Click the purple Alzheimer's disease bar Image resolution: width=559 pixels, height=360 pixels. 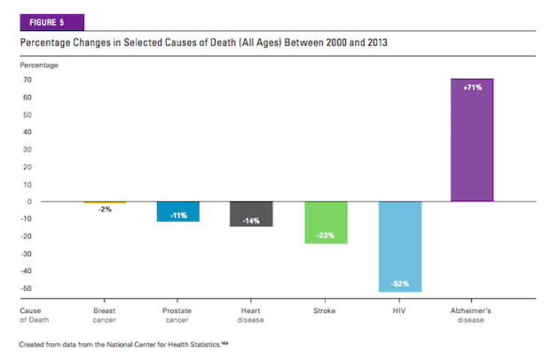click(473, 140)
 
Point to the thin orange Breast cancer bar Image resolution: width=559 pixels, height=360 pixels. click(105, 202)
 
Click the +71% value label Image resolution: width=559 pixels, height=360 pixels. click(473, 87)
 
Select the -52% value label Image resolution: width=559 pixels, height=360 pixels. click(399, 284)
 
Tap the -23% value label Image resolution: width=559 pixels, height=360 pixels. click(327, 235)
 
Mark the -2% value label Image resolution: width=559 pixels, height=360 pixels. click(105, 210)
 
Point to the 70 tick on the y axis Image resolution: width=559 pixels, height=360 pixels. click(28, 80)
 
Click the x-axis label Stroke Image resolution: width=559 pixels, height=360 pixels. click(325, 312)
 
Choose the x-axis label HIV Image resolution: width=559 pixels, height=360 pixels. click(399, 312)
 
